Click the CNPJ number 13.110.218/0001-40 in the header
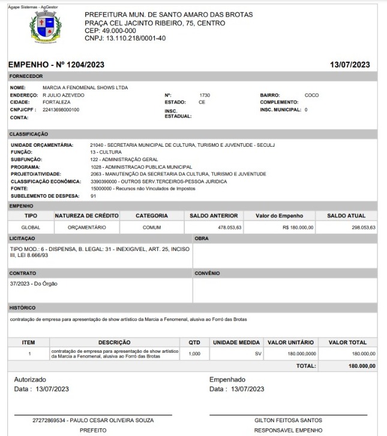click(x=125, y=38)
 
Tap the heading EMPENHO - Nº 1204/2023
click(x=57, y=65)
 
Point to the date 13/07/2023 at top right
click(x=350, y=65)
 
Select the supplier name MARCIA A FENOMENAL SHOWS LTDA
click(x=85, y=88)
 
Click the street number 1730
click(x=205, y=95)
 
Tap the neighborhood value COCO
click(x=311, y=95)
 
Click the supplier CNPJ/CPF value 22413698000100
click(x=61, y=110)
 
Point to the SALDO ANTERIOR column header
click(x=214, y=216)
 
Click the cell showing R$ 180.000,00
click(x=298, y=228)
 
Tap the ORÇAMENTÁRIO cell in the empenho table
click(x=87, y=228)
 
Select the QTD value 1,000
click(x=194, y=354)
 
